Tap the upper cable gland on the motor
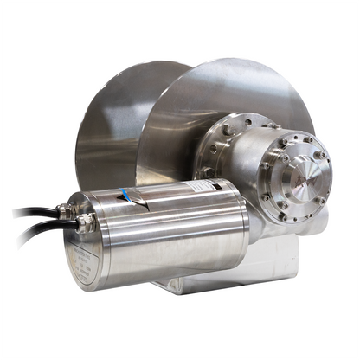[x=63, y=209]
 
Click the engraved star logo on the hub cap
[x=308, y=182]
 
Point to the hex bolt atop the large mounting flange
[x=227, y=130]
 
